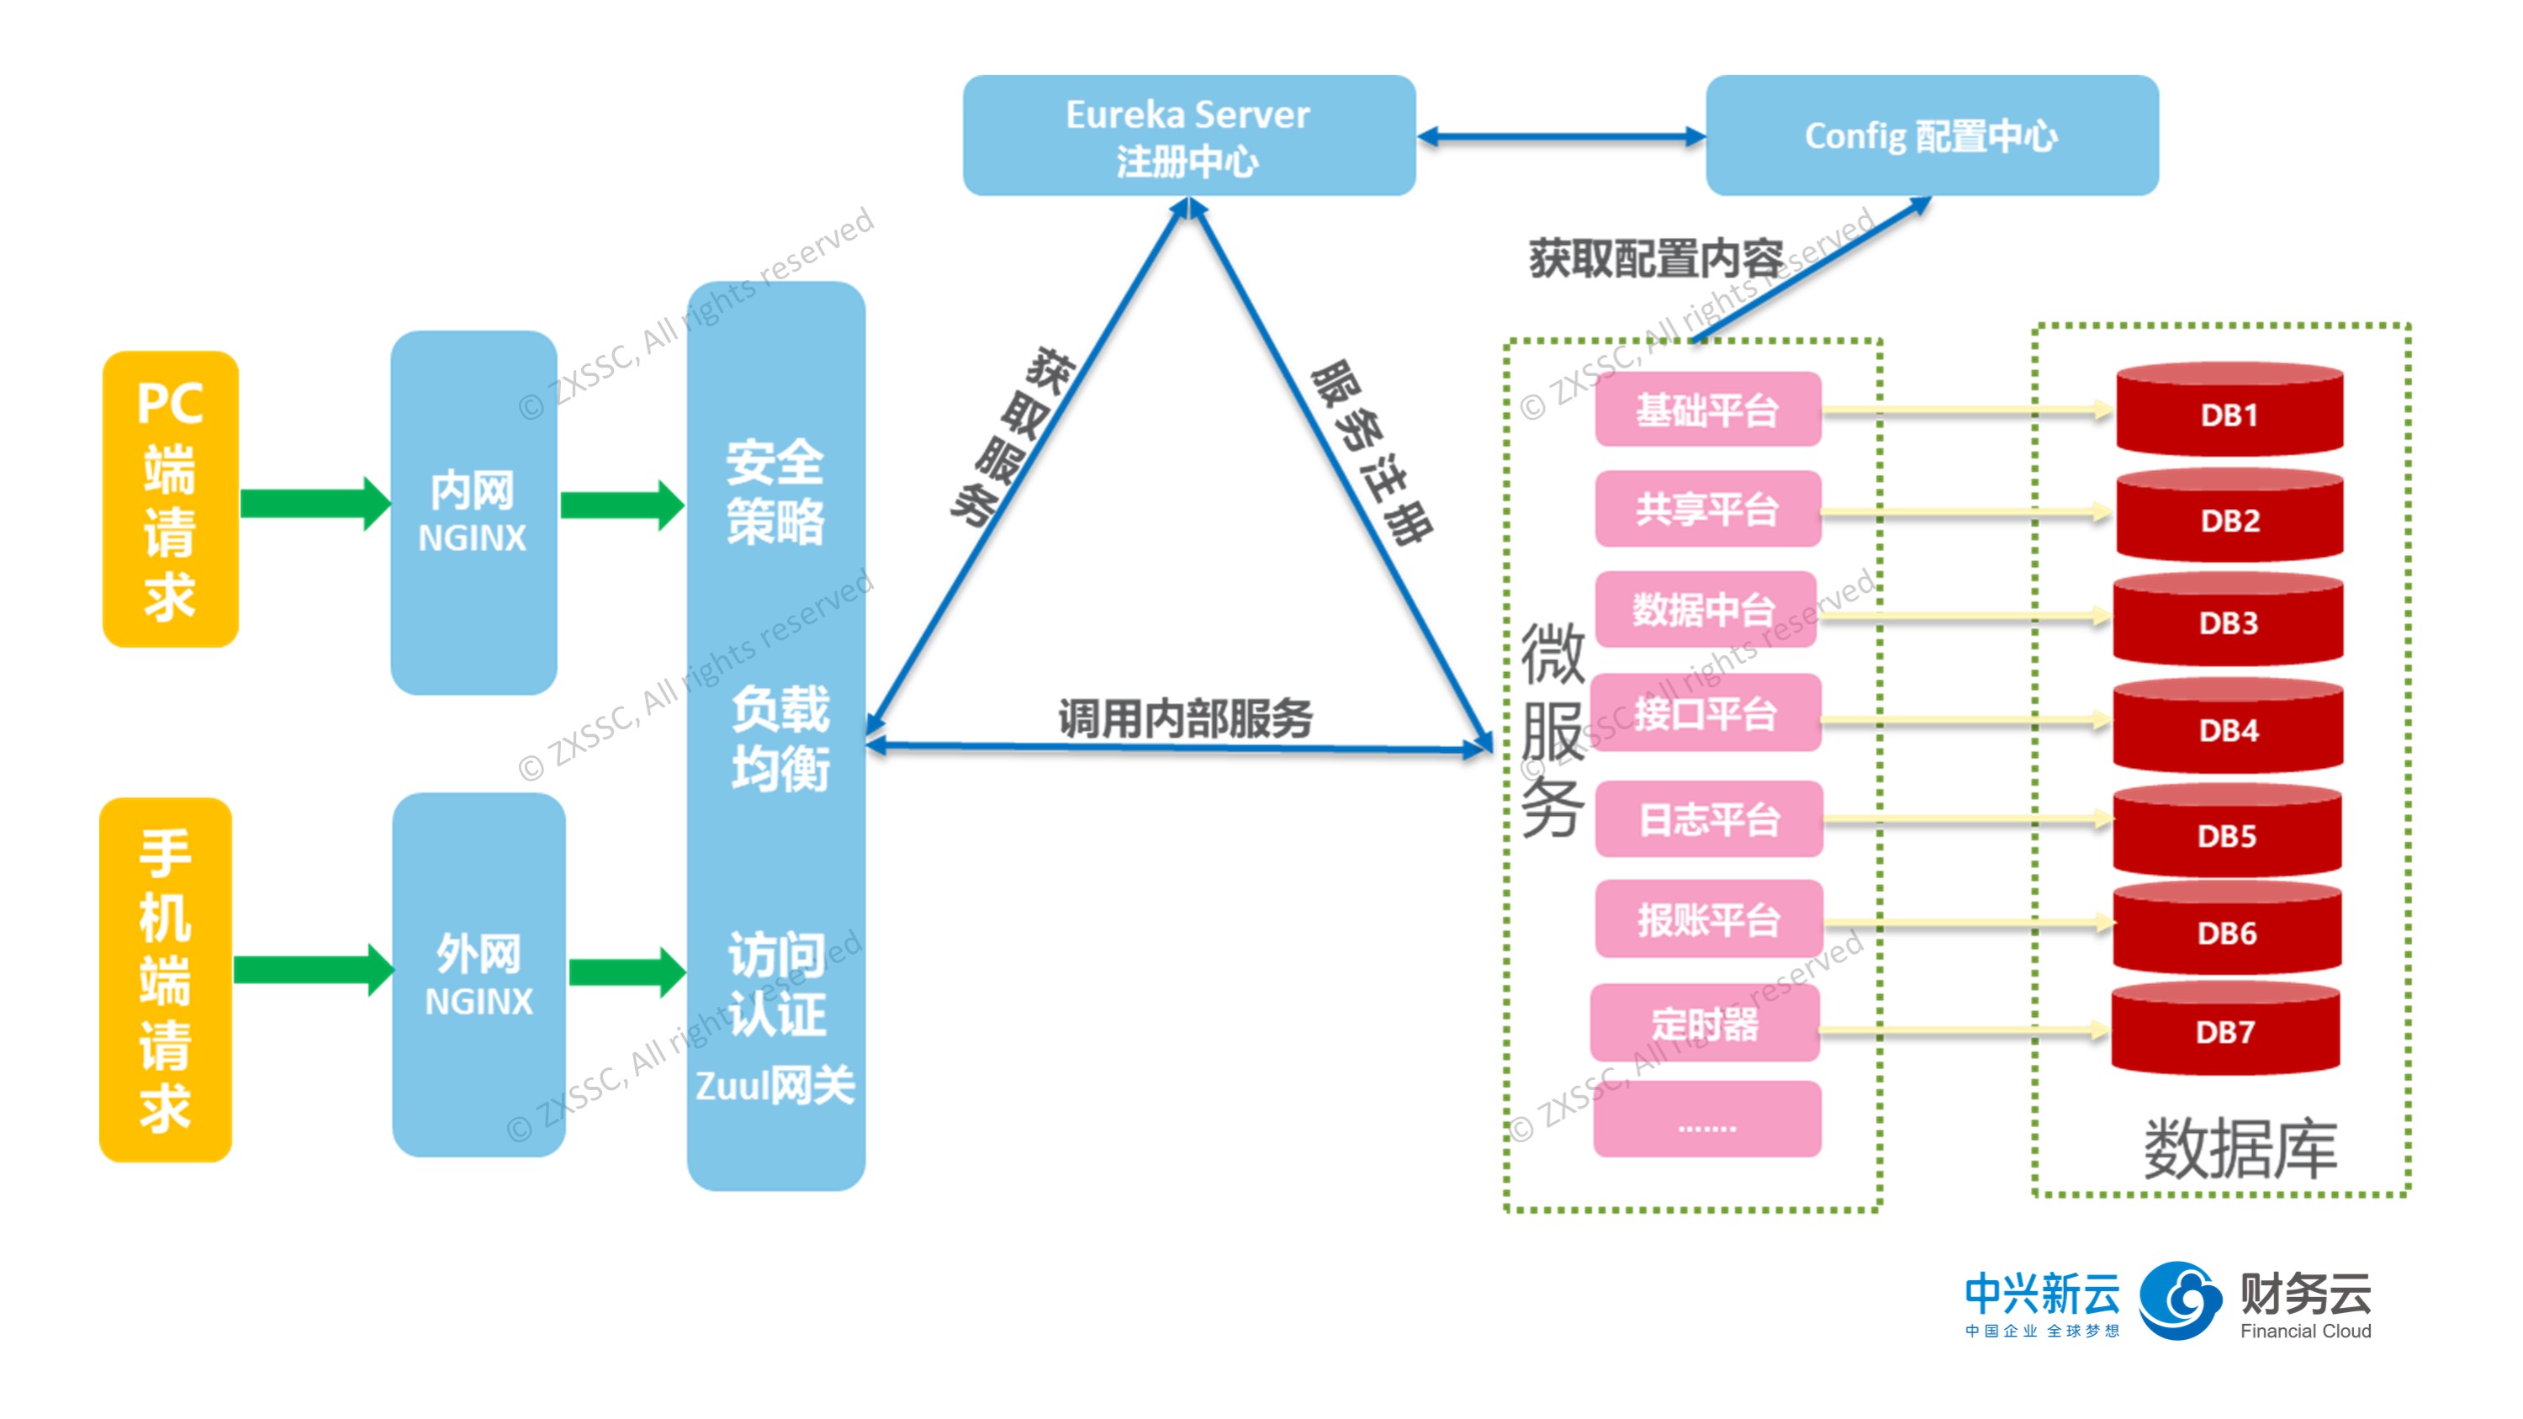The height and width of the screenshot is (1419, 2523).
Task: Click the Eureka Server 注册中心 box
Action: coord(1188,135)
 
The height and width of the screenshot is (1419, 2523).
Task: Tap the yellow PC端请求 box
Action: coord(171,499)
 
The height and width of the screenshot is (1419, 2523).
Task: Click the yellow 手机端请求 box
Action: coord(166,978)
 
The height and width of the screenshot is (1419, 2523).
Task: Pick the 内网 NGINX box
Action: coord(473,512)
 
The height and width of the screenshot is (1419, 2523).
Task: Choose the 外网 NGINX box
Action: coord(478,973)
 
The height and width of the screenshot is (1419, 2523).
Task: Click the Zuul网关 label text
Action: coord(775,1085)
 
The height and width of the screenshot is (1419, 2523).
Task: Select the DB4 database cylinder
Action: coord(2227,727)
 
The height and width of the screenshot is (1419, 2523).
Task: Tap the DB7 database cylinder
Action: coord(2224,1030)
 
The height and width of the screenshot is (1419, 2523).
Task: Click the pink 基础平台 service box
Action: coord(1707,410)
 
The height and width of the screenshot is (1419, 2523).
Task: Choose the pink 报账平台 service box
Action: coord(1708,919)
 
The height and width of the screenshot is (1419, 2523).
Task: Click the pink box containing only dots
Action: coord(1706,1120)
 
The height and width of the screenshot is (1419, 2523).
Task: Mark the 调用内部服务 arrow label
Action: coord(1184,717)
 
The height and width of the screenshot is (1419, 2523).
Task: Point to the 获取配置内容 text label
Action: coord(1655,258)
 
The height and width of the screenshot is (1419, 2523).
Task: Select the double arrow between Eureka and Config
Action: coord(1560,136)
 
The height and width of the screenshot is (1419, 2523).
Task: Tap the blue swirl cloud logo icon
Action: coord(2179,1300)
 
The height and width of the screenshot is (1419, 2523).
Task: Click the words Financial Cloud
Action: coord(2304,1330)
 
